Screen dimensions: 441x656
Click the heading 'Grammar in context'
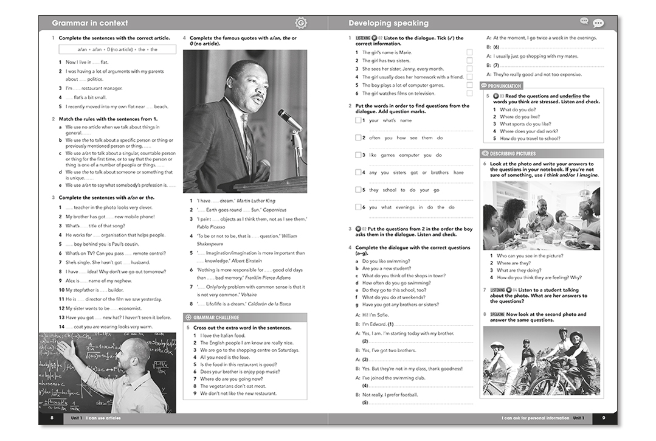click(89, 23)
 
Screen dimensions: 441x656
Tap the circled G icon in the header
click(300, 23)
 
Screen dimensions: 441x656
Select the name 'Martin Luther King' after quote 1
click(256, 201)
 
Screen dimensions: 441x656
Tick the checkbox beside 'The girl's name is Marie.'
click(469, 52)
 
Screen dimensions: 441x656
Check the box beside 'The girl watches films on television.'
click(469, 94)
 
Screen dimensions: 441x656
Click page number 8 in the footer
click(52, 418)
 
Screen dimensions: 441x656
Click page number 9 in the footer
click(603, 418)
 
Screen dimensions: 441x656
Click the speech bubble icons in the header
click(592, 23)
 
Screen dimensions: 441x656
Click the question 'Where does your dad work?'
click(529, 131)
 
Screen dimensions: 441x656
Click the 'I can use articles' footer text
click(103, 418)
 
